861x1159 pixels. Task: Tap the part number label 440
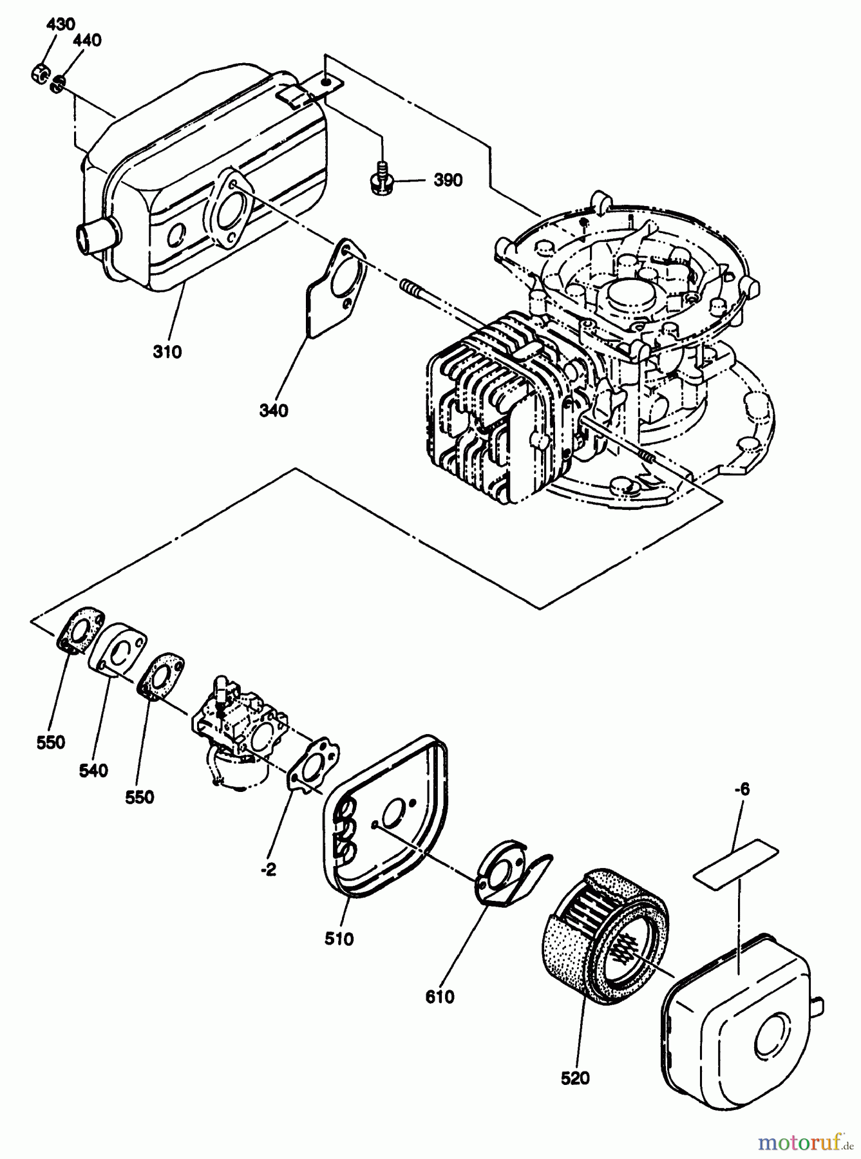(x=87, y=41)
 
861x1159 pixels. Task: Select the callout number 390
(x=448, y=180)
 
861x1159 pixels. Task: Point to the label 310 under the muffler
(x=167, y=352)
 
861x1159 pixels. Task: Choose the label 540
(x=93, y=770)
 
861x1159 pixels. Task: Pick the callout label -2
(x=269, y=869)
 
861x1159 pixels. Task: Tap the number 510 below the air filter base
(x=339, y=939)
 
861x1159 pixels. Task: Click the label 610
(x=440, y=997)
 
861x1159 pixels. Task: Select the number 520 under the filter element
(x=575, y=1078)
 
